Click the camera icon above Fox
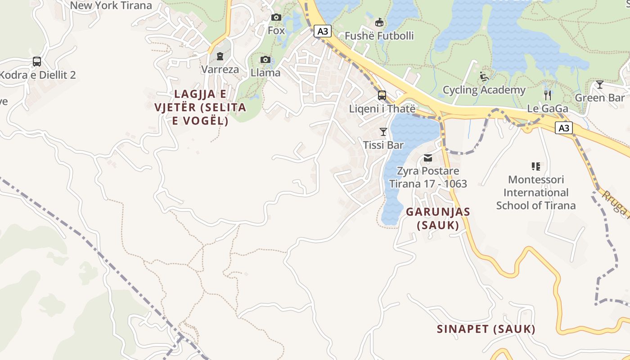pos(276,18)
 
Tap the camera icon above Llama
pos(265,60)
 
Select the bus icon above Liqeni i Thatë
pos(382,95)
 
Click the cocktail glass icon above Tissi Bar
pos(383,132)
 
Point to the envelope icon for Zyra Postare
pos(427,158)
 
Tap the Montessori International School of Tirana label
pos(535,193)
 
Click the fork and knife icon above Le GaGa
pos(548,95)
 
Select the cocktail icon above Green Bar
pos(599,85)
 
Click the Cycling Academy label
pos(484,90)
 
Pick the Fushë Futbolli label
pos(379,36)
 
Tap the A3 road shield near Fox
pos(323,31)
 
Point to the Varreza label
pos(220,70)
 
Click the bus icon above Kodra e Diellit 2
pos(37,62)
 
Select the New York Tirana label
pos(111,5)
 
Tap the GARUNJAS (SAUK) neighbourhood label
pos(438,218)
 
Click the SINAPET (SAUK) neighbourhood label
pos(486,329)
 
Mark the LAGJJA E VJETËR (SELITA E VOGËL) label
pos(200,108)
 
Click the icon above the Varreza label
pos(220,56)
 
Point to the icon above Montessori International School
pos(535,166)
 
